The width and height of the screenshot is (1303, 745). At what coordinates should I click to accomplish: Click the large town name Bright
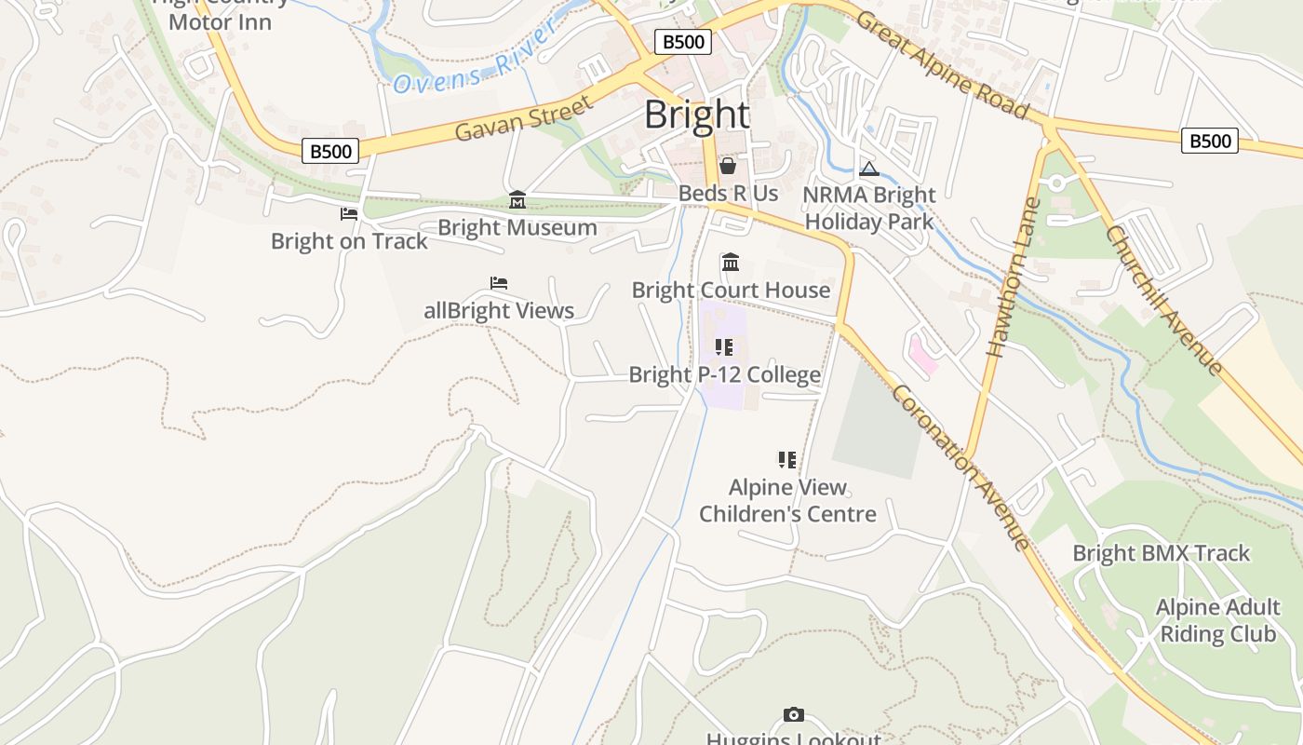(x=697, y=115)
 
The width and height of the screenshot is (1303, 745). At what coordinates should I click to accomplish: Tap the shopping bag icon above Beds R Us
(x=728, y=166)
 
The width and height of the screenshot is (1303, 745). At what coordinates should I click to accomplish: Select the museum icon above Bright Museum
(x=517, y=199)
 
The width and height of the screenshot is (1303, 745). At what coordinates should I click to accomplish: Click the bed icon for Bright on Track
(x=349, y=214)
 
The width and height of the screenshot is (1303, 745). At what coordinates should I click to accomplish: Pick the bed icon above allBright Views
(x=499, y=283)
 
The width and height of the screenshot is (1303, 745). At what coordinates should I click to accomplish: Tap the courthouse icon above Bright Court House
(x=731, y=263)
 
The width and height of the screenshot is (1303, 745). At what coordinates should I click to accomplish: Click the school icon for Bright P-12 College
(x=724, y=347)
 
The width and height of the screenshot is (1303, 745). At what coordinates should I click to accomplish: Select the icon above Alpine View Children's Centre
(x=787, y=459)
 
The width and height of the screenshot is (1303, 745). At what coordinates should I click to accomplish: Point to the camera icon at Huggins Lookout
(x=793, y=714)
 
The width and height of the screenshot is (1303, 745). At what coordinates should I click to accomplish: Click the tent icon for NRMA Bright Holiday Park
(x=869, y=169)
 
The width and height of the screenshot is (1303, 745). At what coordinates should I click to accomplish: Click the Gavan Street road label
(x=524, y=118)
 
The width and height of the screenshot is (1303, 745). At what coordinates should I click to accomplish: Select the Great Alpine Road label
(x=942, y=65)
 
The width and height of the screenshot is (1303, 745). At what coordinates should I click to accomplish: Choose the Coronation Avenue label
(x=960, y=467)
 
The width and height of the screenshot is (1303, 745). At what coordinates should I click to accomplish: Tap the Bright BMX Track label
(x=1161, y=553)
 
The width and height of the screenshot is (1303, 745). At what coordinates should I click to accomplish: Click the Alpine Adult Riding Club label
(x=1217, y=621)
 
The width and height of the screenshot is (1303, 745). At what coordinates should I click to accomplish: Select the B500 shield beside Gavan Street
(x=330, y=151)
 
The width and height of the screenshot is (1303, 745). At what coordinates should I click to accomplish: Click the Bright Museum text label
(x=517, y=227)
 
